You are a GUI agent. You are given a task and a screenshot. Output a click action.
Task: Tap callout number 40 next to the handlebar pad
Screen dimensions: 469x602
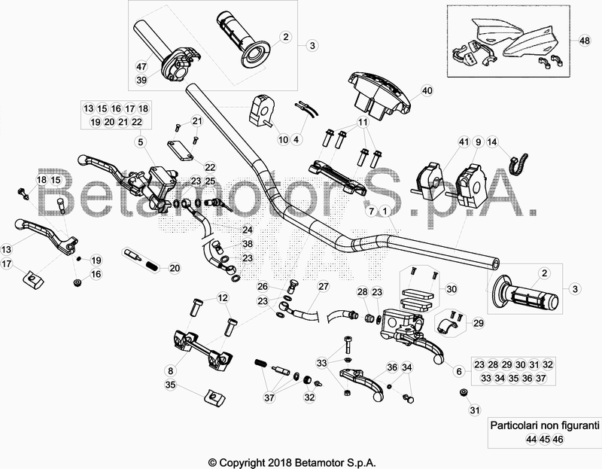[427, 90]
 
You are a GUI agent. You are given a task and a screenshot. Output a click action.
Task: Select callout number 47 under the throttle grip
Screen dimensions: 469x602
[141, 66]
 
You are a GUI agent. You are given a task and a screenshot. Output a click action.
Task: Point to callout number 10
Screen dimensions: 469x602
[283, 139]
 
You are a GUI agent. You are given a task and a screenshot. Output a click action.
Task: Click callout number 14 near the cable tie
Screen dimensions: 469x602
[492, 141]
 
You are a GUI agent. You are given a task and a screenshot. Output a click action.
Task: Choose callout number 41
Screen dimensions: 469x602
[464, 141]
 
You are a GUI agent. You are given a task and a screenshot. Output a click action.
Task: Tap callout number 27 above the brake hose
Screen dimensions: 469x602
[323, 287]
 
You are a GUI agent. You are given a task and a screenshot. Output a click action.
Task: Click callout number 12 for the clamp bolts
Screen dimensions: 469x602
[223, 298]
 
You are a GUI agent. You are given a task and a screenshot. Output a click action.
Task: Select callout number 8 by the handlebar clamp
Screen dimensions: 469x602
[170, 370]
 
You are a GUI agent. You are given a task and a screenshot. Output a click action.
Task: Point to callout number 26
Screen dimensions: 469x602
[262, 287]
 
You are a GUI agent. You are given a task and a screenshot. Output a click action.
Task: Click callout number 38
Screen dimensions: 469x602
[248, 245]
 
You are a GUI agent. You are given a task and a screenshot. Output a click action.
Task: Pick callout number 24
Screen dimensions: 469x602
[248, 230]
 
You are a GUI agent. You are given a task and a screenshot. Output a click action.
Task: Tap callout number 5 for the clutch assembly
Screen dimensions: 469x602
[141, 141]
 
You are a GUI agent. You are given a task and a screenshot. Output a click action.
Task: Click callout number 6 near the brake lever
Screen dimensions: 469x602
[458, 370]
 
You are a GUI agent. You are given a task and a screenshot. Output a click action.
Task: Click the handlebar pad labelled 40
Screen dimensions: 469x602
[380, 93]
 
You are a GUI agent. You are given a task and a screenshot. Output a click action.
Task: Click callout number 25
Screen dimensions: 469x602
[210, 181]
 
